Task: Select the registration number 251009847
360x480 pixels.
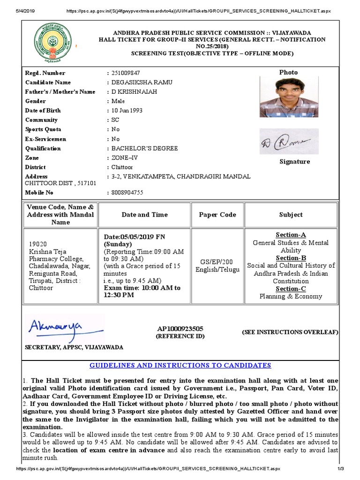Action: [126, 73]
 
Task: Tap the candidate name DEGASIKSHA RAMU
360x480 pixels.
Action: [139, 82]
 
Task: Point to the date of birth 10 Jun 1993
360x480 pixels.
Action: [127, 111]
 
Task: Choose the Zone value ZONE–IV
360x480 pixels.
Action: [124, 158]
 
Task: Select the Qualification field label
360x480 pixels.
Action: [43, 149]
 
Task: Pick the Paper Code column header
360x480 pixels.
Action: [217, 215]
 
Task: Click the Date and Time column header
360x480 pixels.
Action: [144, 215]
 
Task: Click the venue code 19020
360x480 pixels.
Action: [38, 244]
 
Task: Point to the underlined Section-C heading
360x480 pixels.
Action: [291, 289]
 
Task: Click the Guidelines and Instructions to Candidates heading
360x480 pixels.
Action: [180, 366]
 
